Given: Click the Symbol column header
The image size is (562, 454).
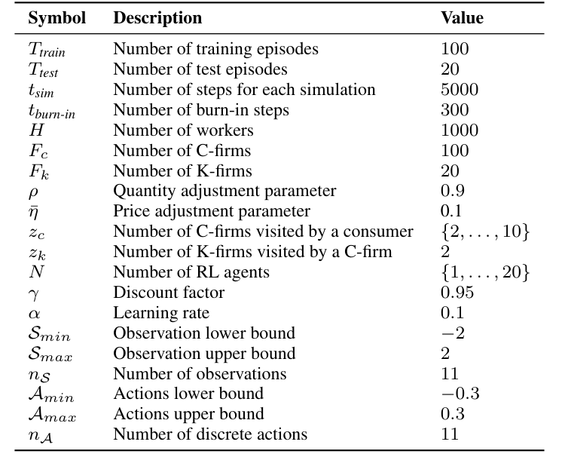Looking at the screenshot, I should point(57,18).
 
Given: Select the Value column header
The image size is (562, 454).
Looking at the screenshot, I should point(461,18).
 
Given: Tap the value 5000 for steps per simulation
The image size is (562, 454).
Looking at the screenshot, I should point(459,90).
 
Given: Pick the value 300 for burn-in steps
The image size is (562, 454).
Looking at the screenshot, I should point(454,110).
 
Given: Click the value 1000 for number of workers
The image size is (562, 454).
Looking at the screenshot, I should point(459,130).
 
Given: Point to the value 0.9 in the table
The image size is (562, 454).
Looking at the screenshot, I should point(452,191).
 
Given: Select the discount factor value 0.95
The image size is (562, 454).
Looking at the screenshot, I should point(456,293).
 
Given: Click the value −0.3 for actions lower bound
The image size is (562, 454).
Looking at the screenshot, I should point(460,394).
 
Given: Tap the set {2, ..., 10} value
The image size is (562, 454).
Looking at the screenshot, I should point(485,232).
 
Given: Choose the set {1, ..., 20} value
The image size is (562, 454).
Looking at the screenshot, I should point(485,272).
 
